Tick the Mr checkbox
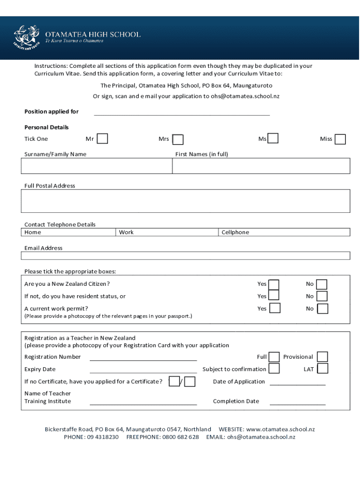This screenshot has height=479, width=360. (102, 139)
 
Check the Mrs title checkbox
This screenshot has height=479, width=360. (178, 140)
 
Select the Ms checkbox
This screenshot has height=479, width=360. (273, 138)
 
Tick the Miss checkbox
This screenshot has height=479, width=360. (340, 139)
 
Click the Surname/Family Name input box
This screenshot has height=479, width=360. (96, 166)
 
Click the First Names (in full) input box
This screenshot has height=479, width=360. (261, 166)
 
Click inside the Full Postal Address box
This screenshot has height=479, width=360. (186, 201)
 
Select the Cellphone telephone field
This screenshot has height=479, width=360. (284, 232)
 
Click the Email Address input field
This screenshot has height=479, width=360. (186, 256)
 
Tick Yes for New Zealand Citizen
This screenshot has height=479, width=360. (274, 284)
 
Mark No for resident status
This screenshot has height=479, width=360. (322, 296)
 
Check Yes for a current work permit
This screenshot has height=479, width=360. (275, 308)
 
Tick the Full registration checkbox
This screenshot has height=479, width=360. (274, 357)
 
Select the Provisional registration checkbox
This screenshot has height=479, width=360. (322, 357)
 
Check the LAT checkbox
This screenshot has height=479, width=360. (322, 369)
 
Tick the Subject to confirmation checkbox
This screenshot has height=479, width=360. (274, 369)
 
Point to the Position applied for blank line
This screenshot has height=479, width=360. (182, 112)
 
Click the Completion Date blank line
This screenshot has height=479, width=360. (297, 402)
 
